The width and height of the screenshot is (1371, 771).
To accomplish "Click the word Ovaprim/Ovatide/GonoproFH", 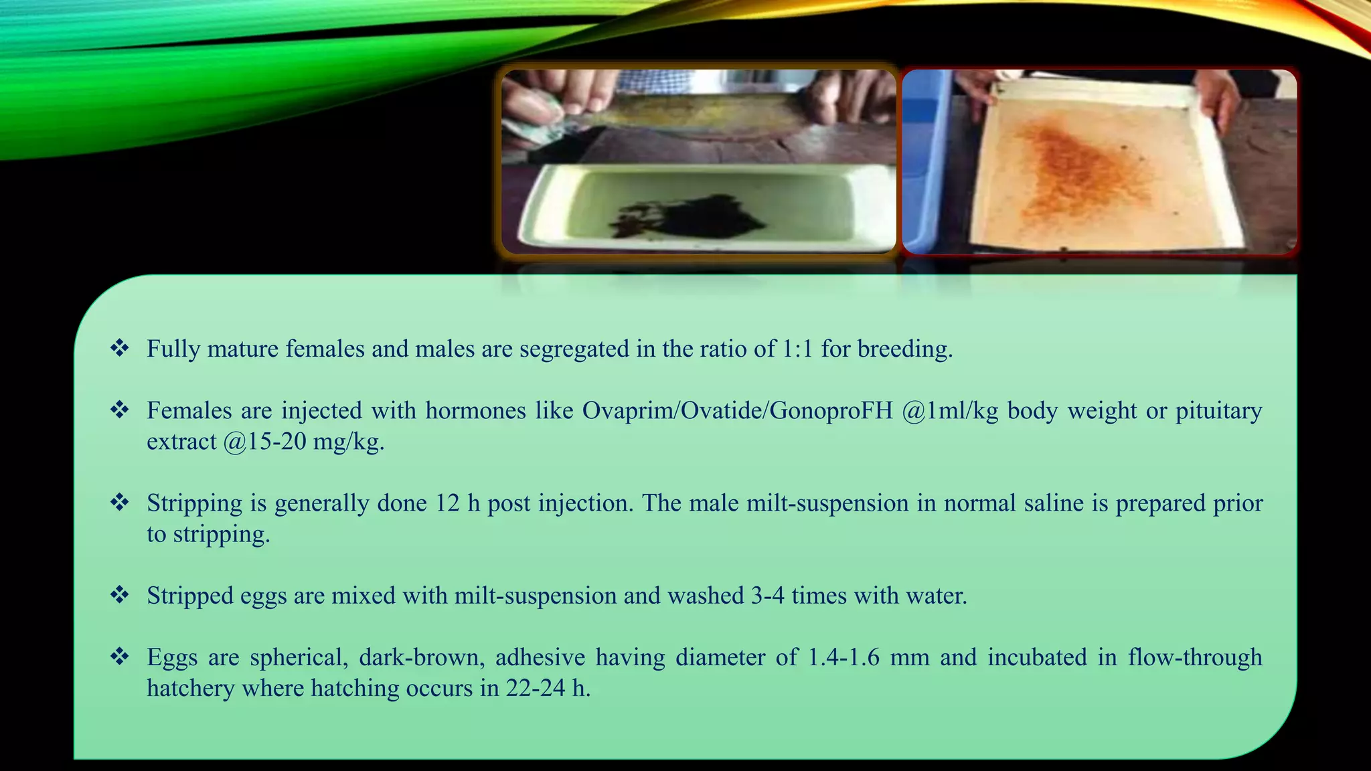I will pyautogui.click(x=737, y=410).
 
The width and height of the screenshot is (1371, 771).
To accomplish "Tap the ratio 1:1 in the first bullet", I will pyautogui.click(x=797, y=349).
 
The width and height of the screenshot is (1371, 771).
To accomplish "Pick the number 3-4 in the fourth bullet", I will pyautogui.click(x=767, y=595).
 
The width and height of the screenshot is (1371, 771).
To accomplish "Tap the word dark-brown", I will pyautogui.click(x=422, y=657).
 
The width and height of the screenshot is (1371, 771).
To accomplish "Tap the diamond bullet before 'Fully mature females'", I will pyautogui.click(x=120, y=348).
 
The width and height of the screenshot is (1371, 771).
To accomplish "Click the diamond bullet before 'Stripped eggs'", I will pyautogui.click(x=120, y=594).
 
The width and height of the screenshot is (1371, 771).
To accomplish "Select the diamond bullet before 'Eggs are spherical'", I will pyautogui.click(x=120, y=657).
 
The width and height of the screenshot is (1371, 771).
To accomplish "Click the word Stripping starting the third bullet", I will pyautogui.click(x=194, y=503).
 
